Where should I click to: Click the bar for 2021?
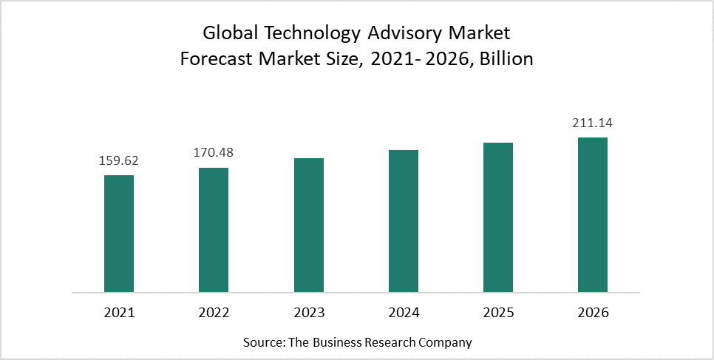point(119,234)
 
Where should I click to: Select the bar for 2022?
point(214,230)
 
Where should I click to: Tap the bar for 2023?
point(308,225)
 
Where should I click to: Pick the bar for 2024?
point(403,221)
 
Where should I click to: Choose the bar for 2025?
point(497,217)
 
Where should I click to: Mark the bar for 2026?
point(593,214)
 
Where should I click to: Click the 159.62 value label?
point(119,160)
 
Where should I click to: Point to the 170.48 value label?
point(214,153)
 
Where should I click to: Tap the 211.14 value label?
point(593,123)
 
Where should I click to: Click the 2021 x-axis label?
point(119,313)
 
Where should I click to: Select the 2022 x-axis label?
point(214,313)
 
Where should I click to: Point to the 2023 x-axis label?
point(308,313)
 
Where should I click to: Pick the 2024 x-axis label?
point(403,313)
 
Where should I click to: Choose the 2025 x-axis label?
point(497,313)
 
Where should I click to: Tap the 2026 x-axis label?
point(593,313)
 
